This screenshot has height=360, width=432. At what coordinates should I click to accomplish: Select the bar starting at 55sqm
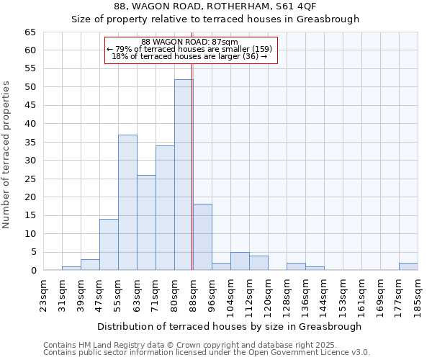pyautogui.click(x=127, y=202)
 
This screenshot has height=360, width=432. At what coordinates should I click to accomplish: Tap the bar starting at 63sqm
pyautogui.click(x=146, y=222)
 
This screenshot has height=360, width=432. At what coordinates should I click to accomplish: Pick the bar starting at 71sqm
pyautogui.click(x=165, y=208)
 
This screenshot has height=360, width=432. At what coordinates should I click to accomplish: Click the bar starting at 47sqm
pyautogui.click(x=109, y=245)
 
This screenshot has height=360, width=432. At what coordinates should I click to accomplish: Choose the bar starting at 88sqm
pyautogui.click(x=202, y=237)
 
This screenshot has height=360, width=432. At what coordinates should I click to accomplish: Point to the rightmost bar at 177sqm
pyautogui.click(x=408, y=266)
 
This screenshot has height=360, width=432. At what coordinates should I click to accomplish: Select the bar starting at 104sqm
pyautogui.click(x=240, y=261)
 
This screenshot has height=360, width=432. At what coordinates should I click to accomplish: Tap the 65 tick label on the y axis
pyautogui.click(x=30, y=32)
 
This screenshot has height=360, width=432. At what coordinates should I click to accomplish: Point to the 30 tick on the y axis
pyautogui.click(x=30, y=161)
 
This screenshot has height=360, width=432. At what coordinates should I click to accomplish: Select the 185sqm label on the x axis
pyautogui.click(x=418, y=295)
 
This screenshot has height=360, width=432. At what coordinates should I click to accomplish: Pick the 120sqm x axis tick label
pyautogui.click(x=268, y=295)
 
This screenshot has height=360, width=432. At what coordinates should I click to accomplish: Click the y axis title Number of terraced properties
pyautogui.click(x=7, y=154)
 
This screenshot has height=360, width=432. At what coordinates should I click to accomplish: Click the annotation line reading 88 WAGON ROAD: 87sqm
pyautogui.click(x=189, y=42)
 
